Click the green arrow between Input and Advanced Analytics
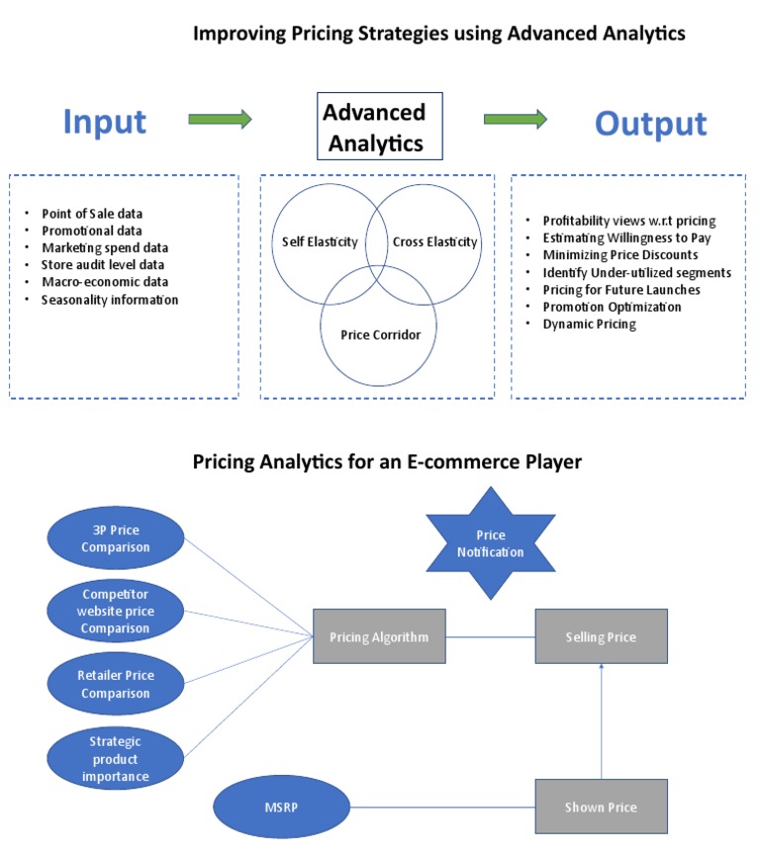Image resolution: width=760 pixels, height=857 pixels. point(220,120)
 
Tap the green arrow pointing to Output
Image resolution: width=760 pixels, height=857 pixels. point(515,120)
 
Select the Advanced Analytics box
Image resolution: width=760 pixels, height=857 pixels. point(373,127)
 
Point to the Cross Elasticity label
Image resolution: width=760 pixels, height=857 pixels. point(434,241)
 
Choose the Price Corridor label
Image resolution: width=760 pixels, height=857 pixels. point(380,334)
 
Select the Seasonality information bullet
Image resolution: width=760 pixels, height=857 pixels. point(109,300)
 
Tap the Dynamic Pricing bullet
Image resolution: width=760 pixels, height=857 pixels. point(589,324)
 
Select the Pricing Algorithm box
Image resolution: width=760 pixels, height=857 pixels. point(379,636)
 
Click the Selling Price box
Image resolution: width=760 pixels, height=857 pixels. point(601,636)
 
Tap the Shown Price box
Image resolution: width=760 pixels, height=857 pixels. point(601,807)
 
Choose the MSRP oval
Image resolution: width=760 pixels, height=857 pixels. point(284,807)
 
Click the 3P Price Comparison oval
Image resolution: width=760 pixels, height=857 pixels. point(116,538)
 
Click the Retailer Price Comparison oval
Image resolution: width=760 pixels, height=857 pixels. point(116,683)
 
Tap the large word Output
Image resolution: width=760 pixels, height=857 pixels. point(650,124)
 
